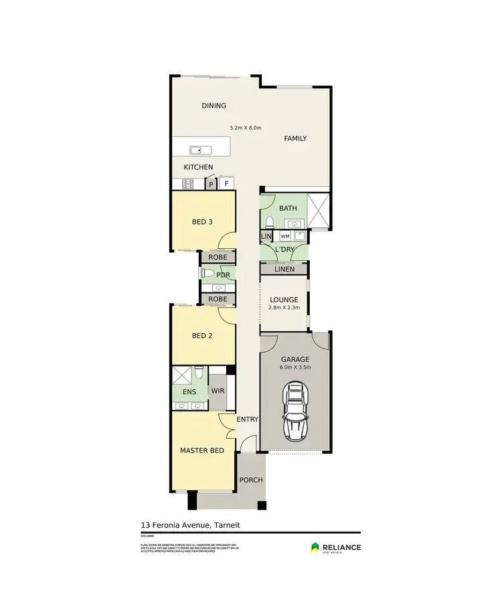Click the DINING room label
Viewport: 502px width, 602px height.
pos(214,106)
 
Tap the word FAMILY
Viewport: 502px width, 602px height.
pos(295,138)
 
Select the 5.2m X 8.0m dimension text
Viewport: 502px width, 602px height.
pos(245,127)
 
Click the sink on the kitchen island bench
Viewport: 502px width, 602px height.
pos(196,149)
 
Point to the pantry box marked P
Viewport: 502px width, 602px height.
pos(211,184)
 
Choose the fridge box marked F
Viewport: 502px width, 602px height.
pos(227,183)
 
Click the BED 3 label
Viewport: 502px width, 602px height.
pos(202,222)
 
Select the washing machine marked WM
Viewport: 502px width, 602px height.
pos(284,236)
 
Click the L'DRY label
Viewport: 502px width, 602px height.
pos(285,250)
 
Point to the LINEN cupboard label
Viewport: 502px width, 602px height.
pos(284,269)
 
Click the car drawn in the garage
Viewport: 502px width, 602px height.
pos(296,410)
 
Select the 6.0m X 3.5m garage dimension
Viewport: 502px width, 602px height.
pos(295,367)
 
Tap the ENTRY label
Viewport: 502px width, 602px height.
pos(248,419)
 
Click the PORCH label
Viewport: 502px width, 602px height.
pos(251,480)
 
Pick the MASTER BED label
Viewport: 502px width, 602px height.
pos(202,451)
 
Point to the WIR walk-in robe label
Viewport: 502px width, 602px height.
pos(218,389)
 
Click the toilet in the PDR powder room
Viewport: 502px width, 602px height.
pos(207,274)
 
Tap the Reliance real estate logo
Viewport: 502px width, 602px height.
pos(335,548)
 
